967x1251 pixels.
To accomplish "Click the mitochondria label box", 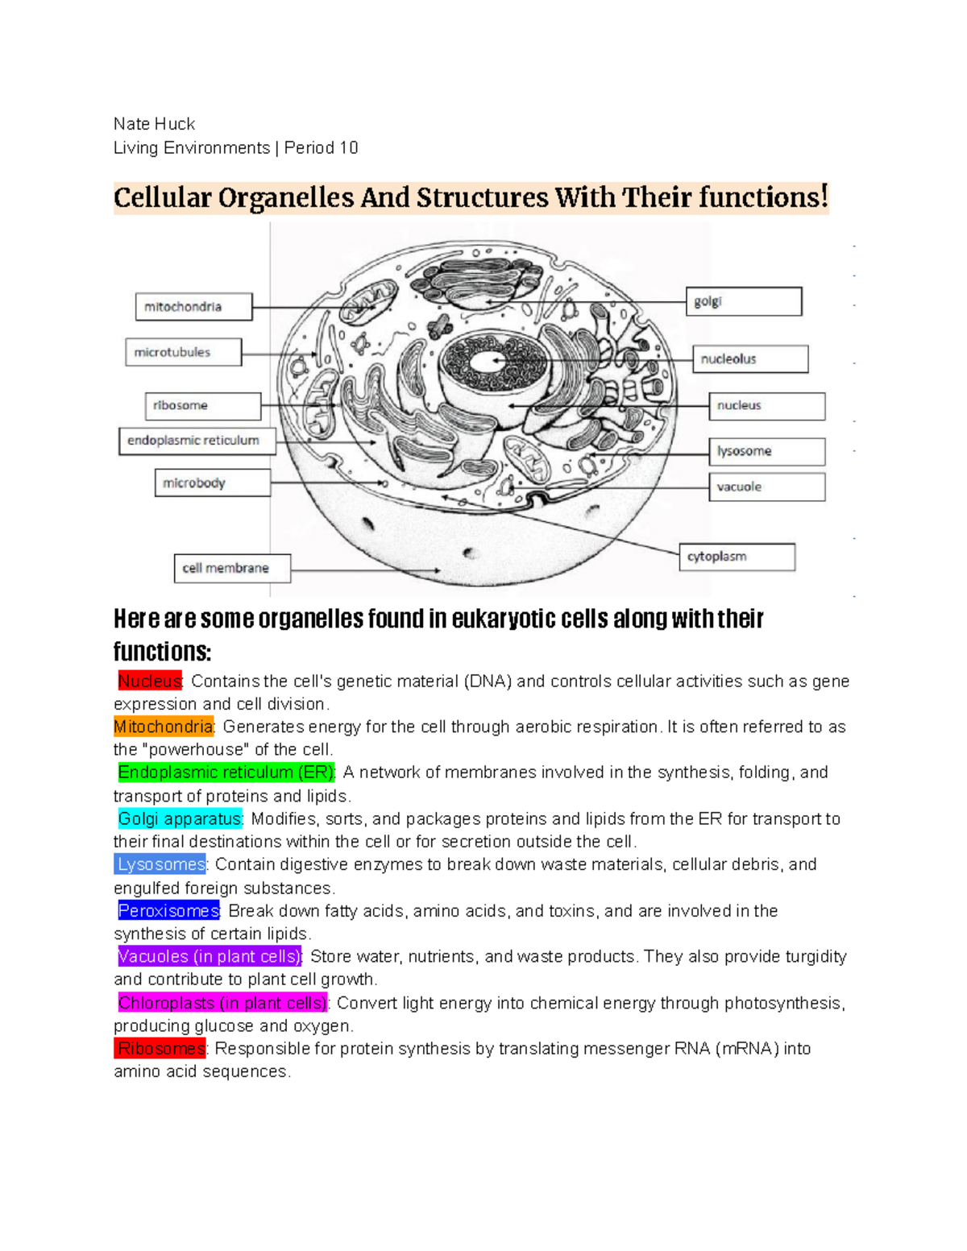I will point(193,307).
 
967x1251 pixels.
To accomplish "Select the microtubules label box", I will point(183,352).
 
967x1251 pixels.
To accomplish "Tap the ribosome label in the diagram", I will point(203,406).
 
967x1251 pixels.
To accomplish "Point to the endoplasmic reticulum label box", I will point(197,441).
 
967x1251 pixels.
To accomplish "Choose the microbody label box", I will point(213,483).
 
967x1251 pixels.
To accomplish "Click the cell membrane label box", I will point(232,568).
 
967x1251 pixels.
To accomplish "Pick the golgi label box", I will point(743,301).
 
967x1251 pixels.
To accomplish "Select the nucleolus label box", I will point(750,359).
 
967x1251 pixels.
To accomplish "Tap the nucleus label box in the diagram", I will point(766,406).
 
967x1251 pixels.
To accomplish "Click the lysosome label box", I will point(766,451).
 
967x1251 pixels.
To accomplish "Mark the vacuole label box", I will point(766,487).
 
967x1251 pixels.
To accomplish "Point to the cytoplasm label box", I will point(737,557).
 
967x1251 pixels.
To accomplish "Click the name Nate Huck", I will point(154,124).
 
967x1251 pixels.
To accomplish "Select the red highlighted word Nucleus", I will point(150,681).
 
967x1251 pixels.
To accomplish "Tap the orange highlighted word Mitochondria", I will point(164,727).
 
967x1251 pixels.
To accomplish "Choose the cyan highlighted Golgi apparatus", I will point(180,819).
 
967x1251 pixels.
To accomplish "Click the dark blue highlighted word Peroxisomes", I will point(168,911).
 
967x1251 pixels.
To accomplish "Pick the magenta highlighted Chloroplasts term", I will point(222,1003).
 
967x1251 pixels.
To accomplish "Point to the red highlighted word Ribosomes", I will point(160,1049).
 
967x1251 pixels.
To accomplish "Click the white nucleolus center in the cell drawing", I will point(486,362).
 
